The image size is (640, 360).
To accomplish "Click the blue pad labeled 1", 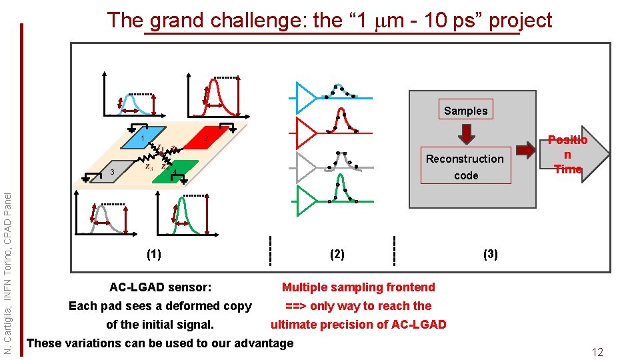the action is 148,136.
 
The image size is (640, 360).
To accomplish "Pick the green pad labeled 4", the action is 179,170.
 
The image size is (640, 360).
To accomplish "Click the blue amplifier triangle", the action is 306,97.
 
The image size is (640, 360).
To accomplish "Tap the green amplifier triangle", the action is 306,201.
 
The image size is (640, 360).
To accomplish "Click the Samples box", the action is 466,111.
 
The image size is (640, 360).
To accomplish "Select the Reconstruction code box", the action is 465,167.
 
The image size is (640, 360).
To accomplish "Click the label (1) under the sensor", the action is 153,254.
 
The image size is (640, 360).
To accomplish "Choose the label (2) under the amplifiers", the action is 337,254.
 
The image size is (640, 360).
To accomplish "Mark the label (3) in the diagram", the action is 490,254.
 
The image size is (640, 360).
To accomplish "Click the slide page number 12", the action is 597,351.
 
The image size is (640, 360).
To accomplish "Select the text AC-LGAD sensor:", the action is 160,287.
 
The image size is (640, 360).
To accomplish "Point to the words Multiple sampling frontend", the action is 358,287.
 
